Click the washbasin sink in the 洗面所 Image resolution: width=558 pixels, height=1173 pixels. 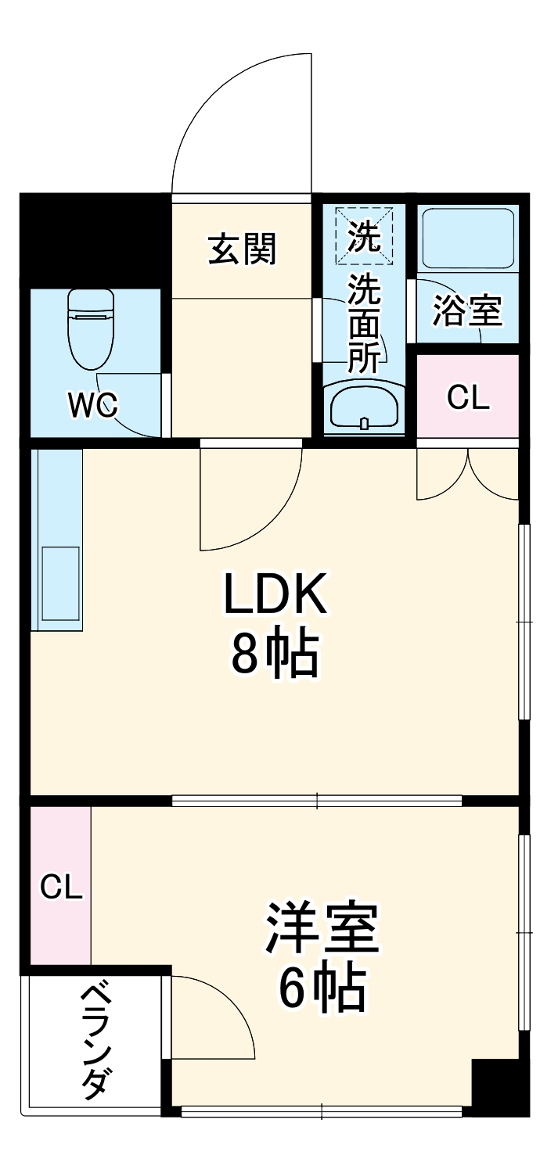[364, 407]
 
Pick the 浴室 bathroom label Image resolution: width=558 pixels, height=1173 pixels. [467, 311]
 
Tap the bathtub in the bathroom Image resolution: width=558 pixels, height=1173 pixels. [467, 238]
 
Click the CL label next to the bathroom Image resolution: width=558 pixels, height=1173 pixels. [468, 398]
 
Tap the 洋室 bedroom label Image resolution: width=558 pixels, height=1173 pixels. [322, 930]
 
